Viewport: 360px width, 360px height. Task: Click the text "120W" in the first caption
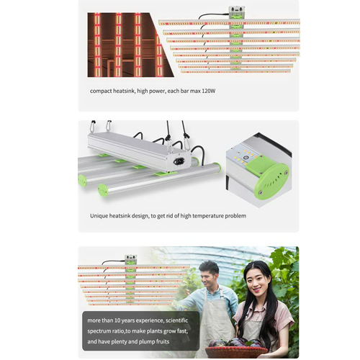click(209, 91)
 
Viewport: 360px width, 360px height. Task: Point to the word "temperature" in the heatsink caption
click(208, 216)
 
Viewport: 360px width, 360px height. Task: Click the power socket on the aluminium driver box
click(179, 161)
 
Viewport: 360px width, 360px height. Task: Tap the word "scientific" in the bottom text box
click(177, 320)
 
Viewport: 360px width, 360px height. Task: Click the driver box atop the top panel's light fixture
click(236, 13)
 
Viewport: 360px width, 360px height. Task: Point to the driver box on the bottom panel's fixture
click(130, 259)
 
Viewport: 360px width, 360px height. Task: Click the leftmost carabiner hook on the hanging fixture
click(92, 126)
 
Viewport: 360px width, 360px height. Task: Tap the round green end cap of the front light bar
click(103, 190)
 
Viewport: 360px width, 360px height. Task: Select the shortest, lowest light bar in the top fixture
click(235, 71)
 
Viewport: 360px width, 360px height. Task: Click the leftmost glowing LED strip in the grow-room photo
click(97, 45)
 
